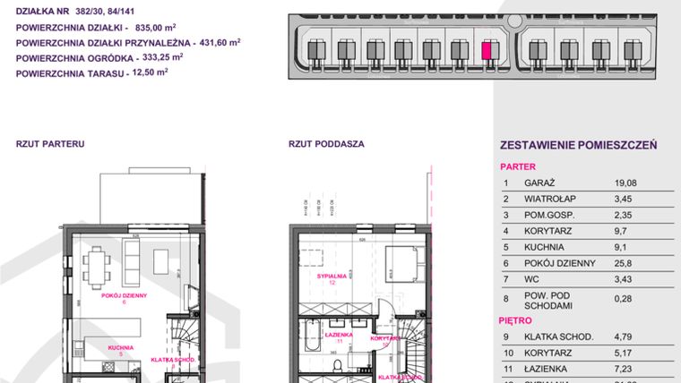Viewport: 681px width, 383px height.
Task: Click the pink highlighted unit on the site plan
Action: [x=487, y=51]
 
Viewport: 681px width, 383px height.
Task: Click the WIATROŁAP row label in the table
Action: [x=543, y=199]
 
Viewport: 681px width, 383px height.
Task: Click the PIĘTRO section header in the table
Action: [x=515, y=319]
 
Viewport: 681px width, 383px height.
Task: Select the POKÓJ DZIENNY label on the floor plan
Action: [x=124, y=294]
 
